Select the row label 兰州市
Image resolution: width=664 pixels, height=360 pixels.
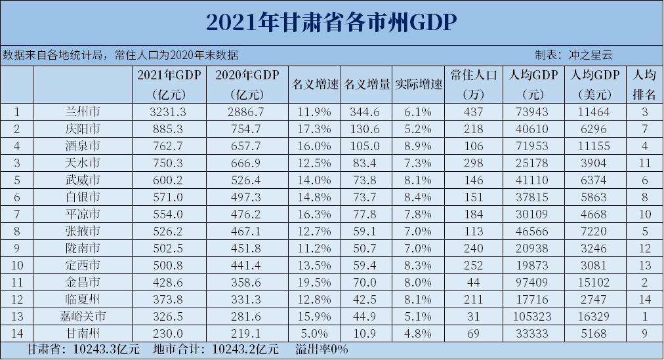pyautogui.click(x=83, y=111)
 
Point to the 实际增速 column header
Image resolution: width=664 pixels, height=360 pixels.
pyautogui.click(x=419, y=85)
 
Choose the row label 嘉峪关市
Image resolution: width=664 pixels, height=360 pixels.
pyautogui.click(x=83, y=316)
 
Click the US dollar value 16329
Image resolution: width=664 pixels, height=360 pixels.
pyautogui.click(x=595, y=316)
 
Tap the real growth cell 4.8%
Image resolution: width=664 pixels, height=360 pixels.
pyautogui.click(x=419, y=333)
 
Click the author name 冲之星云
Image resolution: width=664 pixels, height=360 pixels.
pyautogui.click(x=590, y=54)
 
